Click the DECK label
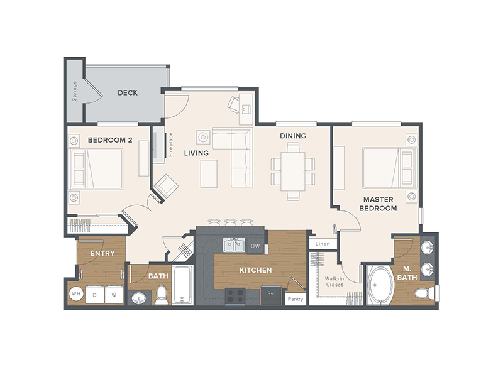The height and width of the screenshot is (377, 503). (x=128, y=92)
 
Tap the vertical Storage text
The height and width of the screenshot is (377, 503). (x=74, y=91)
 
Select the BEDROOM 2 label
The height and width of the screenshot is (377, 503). (x=110, y=140)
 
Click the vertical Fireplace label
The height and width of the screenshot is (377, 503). (x=170, y=145)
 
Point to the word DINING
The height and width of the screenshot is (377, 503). (x=293, y=136)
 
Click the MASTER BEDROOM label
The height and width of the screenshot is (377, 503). (x=379, y=204)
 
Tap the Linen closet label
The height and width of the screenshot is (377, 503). (x=323, y=244)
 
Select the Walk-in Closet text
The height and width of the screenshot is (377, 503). (x=334, y=281)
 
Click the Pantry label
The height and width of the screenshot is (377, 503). (x=295, y=299)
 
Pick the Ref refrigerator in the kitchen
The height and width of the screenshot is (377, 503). (x=271, y=295)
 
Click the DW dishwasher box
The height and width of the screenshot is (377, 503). (x=256, y=246)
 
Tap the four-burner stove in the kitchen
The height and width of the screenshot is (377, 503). (x=235, y=296)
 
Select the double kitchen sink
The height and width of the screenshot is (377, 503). (x=234, y=244)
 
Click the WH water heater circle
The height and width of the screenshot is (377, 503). (x=76, y=293)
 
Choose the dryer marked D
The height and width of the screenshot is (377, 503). (x=95, y=295)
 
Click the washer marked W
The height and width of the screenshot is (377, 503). (x=114, y=295)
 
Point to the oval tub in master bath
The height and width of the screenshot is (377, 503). (x=380, y=285)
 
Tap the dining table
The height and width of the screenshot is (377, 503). (x=293, y=172)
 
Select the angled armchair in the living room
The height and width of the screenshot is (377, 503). (x=166, y=186)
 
